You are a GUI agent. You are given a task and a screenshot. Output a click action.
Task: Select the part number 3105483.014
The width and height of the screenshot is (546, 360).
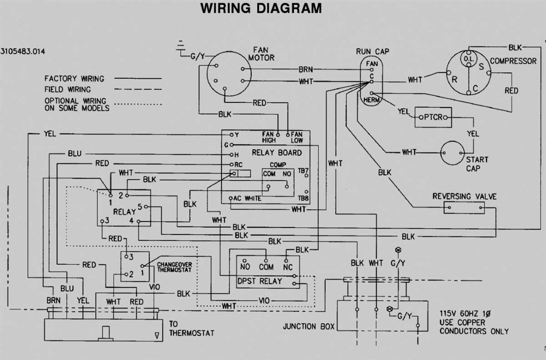tap(23, 51)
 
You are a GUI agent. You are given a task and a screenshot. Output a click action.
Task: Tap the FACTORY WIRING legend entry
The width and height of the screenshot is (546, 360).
tap(74, 79)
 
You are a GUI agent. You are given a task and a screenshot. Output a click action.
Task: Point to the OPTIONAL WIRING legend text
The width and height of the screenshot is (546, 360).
tap(76, 104)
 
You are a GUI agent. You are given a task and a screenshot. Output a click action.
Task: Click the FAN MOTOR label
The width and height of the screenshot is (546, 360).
tap(261, 54)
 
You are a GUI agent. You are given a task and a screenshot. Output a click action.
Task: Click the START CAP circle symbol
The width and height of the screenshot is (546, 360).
tap(452, 152)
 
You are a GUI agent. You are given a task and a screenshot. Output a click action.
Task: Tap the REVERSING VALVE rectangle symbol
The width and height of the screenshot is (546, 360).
tap(464, 208)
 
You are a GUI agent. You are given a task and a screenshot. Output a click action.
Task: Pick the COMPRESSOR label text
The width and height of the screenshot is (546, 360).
tap(513, 61)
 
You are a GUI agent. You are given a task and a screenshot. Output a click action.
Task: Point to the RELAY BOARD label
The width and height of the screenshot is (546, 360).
tap(277, 152)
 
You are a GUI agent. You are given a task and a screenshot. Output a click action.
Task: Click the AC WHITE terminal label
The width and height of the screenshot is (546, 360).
tap(248, 198)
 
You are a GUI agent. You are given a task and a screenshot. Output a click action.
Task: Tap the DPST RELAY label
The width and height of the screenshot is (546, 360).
tap(260, 281)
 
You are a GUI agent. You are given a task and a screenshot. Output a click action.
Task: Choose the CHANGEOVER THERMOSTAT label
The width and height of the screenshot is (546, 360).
tap(174, 267)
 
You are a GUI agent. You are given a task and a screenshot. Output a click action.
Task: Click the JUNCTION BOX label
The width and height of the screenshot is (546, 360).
tap(308, 326)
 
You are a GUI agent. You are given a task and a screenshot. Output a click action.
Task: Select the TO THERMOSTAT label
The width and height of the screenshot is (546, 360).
tap(191, 329)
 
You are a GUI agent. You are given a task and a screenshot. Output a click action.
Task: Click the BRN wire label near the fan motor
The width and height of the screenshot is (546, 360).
tap(305, 70)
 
